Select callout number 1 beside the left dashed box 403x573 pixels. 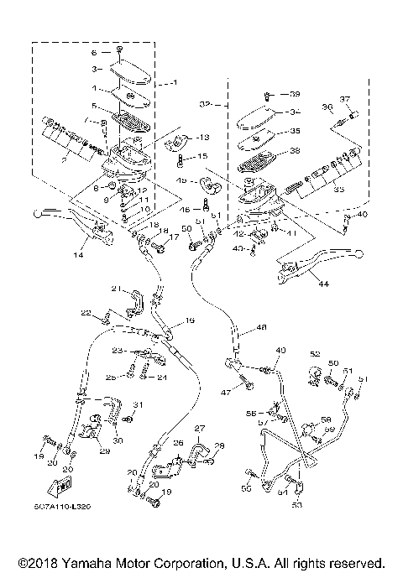[x=175, y=82]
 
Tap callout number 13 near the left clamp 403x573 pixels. [x=203, y=137]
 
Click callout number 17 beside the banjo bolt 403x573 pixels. [x=175, y=237]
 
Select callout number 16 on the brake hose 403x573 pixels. [x=190, y=320]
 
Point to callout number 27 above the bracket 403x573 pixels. [x=200, y=428]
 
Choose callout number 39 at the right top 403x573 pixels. [x=296, y=93]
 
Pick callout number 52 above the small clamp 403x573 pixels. [x=315, y=353]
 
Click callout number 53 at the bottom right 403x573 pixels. [x=296, y=506]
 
